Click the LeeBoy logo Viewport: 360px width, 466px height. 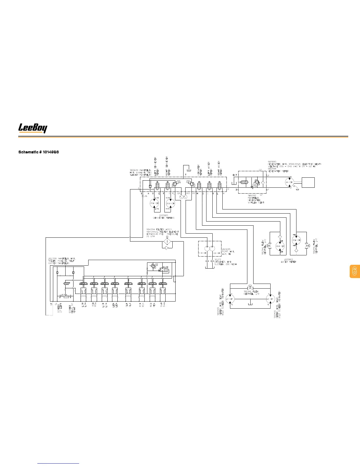click(33, 128)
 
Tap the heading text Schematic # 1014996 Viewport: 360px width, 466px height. click(39, 152)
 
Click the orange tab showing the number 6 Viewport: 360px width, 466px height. click(355, 271)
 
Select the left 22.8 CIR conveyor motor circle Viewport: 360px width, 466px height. click(154, 203)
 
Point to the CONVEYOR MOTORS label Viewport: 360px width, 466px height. click(164, 218)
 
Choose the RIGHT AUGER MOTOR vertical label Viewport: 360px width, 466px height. click(219, 168)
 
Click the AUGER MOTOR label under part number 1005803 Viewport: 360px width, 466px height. click(288, 262)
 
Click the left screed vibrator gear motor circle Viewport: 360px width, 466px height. click(230, 299)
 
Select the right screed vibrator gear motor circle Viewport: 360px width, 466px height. click(270, 299)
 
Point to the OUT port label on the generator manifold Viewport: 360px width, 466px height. click(235, 175)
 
